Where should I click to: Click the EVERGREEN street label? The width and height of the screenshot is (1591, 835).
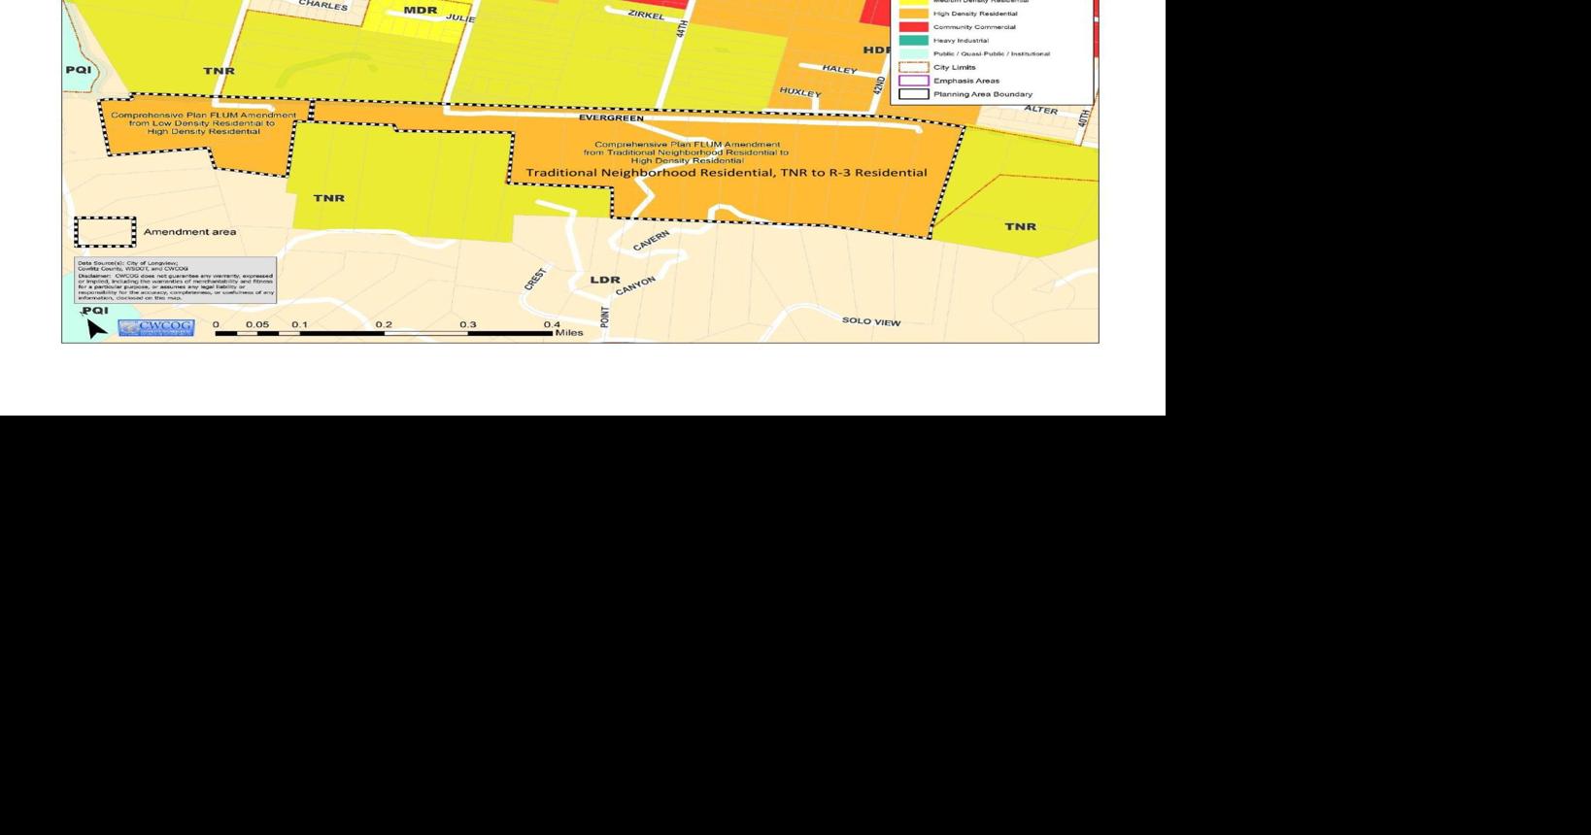click(x=611, y=118)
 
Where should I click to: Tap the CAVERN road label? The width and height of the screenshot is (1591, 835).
click(x=651, y=241)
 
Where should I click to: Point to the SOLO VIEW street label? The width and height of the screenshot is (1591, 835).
click(x=871, y=321)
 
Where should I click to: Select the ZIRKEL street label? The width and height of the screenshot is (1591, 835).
click(x=646, y=15)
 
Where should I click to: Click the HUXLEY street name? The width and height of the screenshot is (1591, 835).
click(x=800, y=92)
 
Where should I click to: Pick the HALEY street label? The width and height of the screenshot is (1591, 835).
click(x=839, y=69)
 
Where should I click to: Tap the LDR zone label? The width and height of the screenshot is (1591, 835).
click(x=605, y=280)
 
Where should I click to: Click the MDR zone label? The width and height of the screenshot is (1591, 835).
click(x=420, y=11)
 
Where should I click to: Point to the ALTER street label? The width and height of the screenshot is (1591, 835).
click(x=1040, y=110)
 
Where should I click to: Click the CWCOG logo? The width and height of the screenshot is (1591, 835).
click(x=155, y=327)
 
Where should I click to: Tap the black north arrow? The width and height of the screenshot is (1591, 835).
click(x=95, y=327)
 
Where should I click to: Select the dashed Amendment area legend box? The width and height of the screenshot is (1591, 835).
click(x=105, y=232)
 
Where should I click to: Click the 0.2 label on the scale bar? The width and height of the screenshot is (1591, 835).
click(x=384, y=324)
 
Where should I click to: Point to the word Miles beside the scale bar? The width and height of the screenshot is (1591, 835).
click(x=569, y=333)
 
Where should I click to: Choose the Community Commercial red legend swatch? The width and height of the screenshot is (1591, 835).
click(x=913, y=27)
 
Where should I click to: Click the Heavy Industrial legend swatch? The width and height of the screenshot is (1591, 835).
click(x=913, y=41)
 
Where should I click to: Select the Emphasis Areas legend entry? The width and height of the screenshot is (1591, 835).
click(x=965, y=81)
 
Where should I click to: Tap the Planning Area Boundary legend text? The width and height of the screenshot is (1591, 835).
click(x=982, y=94)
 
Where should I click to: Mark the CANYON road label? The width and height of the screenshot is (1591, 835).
click(x=636, y=285)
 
